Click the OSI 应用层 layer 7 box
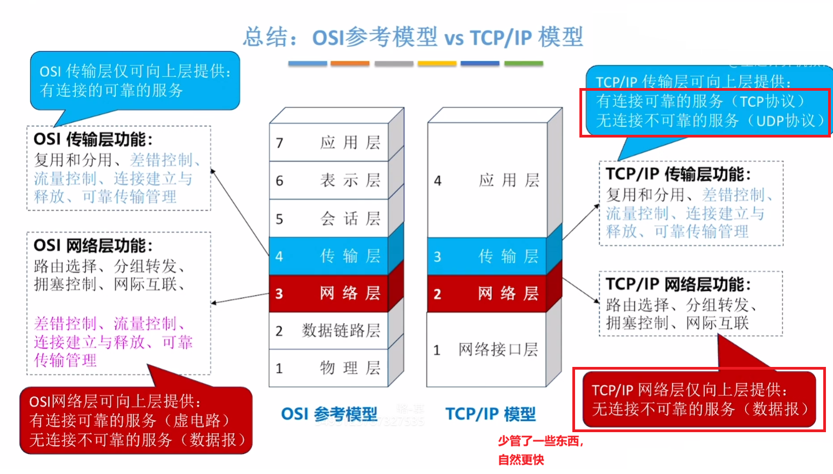tap(329, 142)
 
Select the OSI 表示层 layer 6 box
tap(329, 180)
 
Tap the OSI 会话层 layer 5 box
tap(329, 219)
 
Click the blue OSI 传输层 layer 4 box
tap(329, 256)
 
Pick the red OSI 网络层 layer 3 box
tap(329, 294)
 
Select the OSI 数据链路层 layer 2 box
tap(329, 330)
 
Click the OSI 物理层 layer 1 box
tap(329, 368)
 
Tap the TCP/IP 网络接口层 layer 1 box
tap(487, 350)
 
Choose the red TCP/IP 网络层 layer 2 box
tap(487, 294)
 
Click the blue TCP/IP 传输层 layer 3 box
tap(487, 256)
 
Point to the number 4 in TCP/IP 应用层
tap(438, 180)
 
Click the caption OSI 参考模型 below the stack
tap(329, 414)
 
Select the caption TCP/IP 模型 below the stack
tap(490, 414)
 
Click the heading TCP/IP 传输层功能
tap(678, 174)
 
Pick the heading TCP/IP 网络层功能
tap(678, 284)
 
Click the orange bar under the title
tap(350, 64)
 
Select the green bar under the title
tap(523, 64)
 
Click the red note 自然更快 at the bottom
tap(521, 460)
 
